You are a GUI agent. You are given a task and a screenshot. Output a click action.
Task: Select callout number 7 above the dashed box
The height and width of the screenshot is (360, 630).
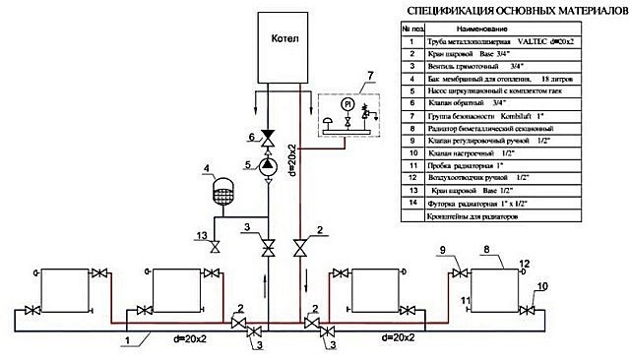[x=342, y=75]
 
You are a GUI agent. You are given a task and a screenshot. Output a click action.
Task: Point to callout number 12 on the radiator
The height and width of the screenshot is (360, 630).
[x=525, y=264]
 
